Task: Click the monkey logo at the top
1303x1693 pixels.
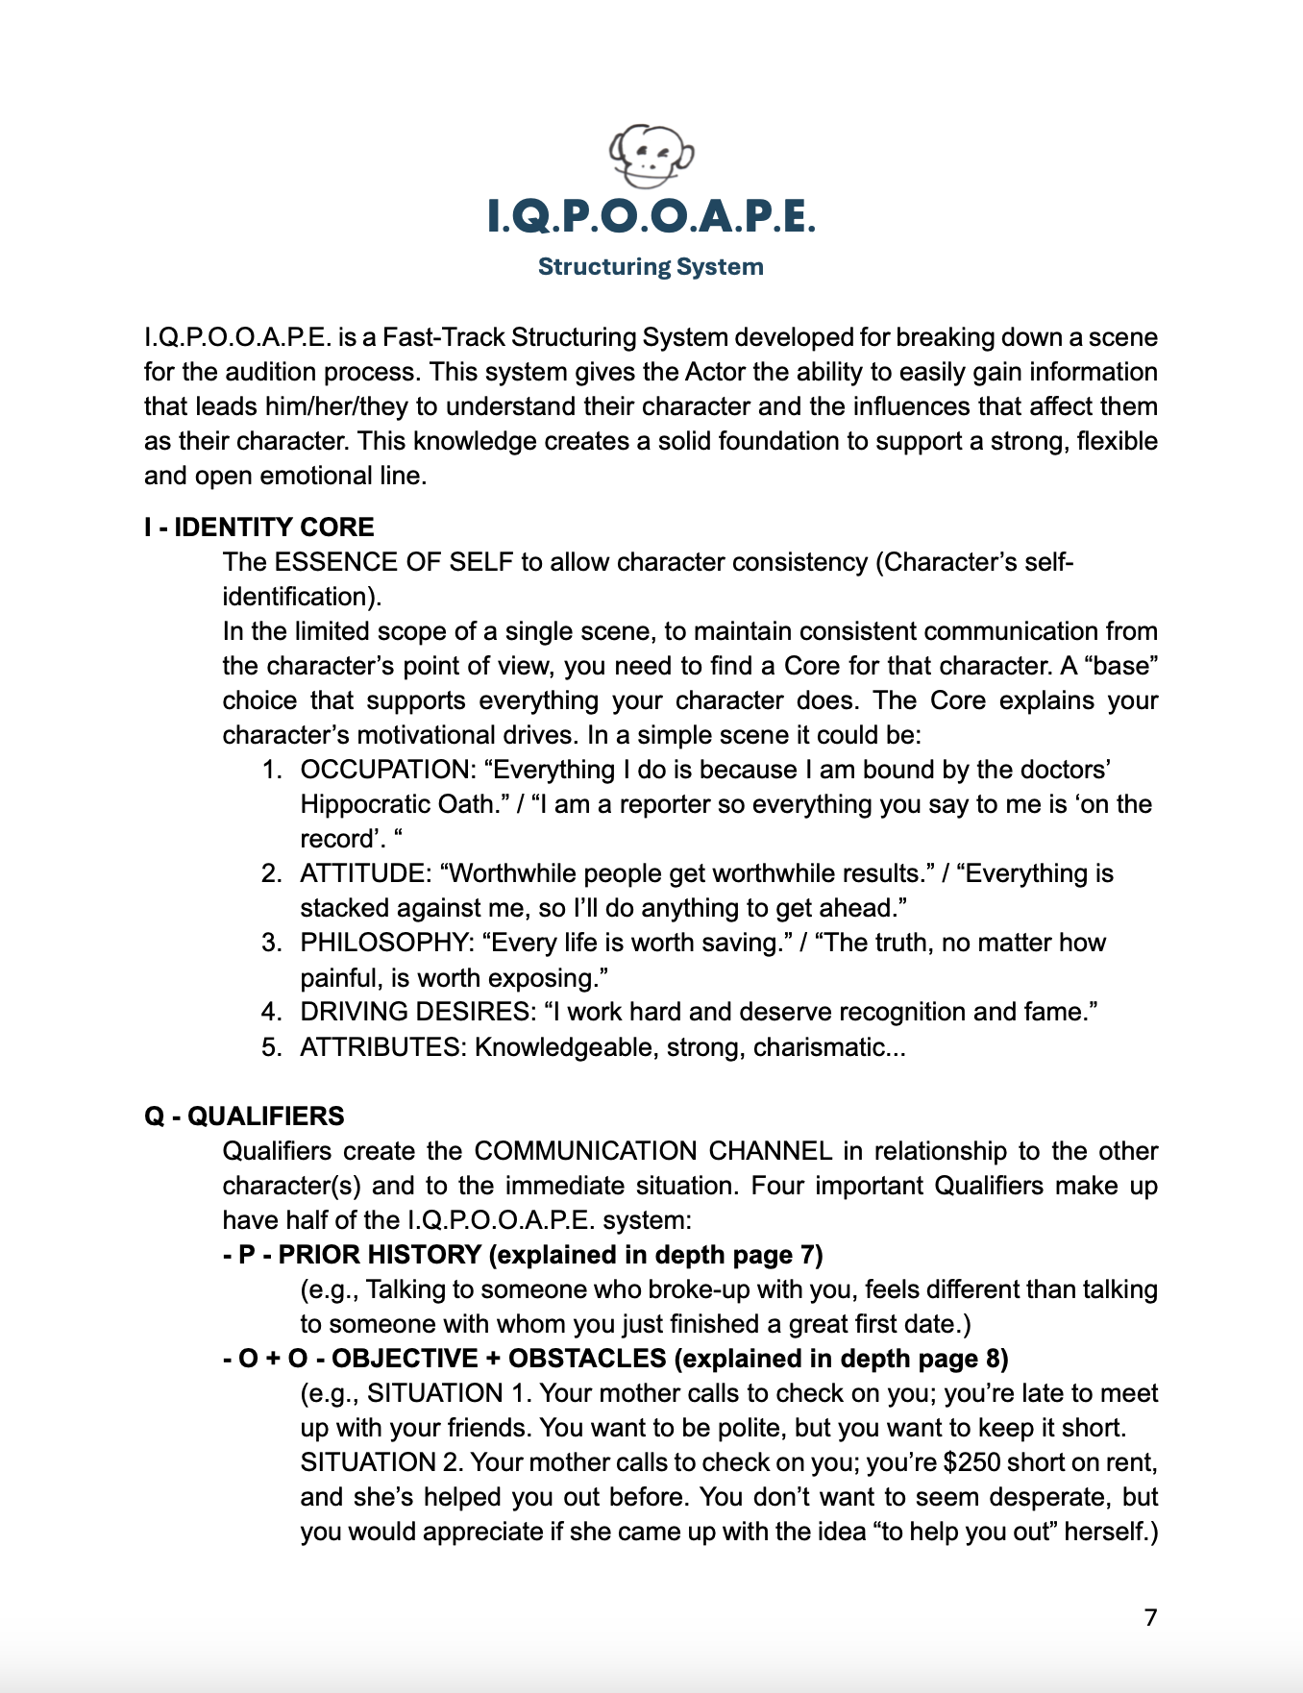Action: (x=651, y=156)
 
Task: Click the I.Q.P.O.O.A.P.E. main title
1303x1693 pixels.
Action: (x=651, y=216)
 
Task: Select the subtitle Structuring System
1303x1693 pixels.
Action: (x=651, y=267)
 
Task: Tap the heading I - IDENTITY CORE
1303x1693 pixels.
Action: (x=259, y=528)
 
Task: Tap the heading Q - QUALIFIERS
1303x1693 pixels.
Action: (x=244, y=1116)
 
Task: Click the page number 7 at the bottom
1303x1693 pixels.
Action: (x=1150, y=1618)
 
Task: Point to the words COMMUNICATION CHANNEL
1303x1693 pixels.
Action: (x=653, y=1152)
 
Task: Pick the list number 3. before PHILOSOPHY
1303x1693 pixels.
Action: (x=271, y=944)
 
